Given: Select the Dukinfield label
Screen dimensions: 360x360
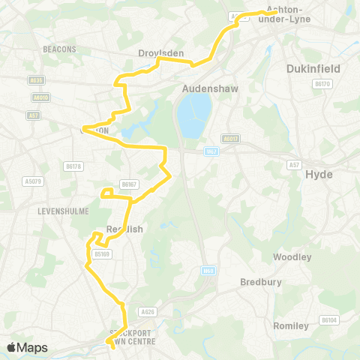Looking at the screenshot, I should click(313, 68).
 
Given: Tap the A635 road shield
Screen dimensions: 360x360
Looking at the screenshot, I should click(36, 80).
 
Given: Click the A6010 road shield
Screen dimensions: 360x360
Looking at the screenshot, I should click(41, 97).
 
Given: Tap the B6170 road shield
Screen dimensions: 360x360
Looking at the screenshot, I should click(322, 84).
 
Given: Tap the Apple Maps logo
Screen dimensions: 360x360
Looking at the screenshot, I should click(27, 347).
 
